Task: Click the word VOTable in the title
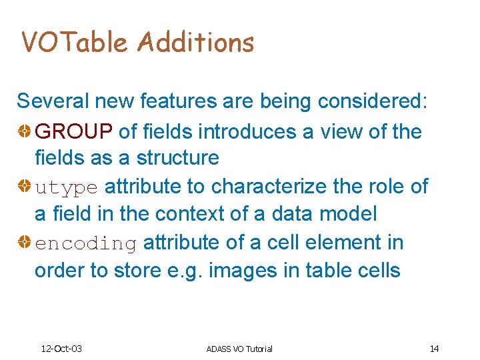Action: pyautogui.click(x=74, y=43)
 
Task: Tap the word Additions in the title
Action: pyautogui.click(x=196, y=43)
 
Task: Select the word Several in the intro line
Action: pyautogui.click(x=53, y=101)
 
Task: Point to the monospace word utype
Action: pyautogui.click(x=67, y=187)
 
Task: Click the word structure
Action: pyautogui.click(x=178, y=158)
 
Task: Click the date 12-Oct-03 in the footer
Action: pyautogui.click(x=61, y=349)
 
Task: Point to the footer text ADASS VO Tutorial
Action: pyautogui.click(x=239, y=349)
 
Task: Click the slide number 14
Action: pyautogui.click(x=434, y=349)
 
